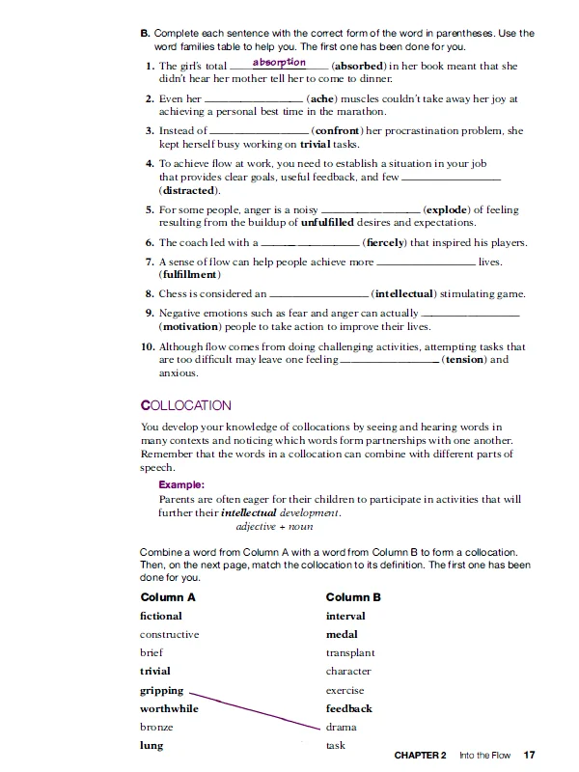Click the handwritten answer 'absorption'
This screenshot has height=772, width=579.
[279, 63]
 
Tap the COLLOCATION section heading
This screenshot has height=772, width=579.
[186, 405]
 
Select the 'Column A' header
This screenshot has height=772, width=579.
[168, 597]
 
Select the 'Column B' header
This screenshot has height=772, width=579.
[353, 597]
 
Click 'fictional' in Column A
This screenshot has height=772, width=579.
[160, 616]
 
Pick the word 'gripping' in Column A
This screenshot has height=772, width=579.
[162, 690]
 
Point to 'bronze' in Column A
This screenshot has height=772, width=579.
[156, 727]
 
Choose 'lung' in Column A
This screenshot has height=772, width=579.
[152, 745]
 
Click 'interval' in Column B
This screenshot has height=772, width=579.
[345, 616]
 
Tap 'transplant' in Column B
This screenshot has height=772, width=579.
[350, 653]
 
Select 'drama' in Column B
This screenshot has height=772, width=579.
[342, 727]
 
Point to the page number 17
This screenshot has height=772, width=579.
[529, 755]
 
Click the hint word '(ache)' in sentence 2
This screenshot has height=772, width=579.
[322, 98]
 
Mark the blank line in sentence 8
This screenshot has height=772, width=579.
[319, 294]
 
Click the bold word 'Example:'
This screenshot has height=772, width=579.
[181, 484]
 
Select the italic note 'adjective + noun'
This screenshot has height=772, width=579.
[274, 527]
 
